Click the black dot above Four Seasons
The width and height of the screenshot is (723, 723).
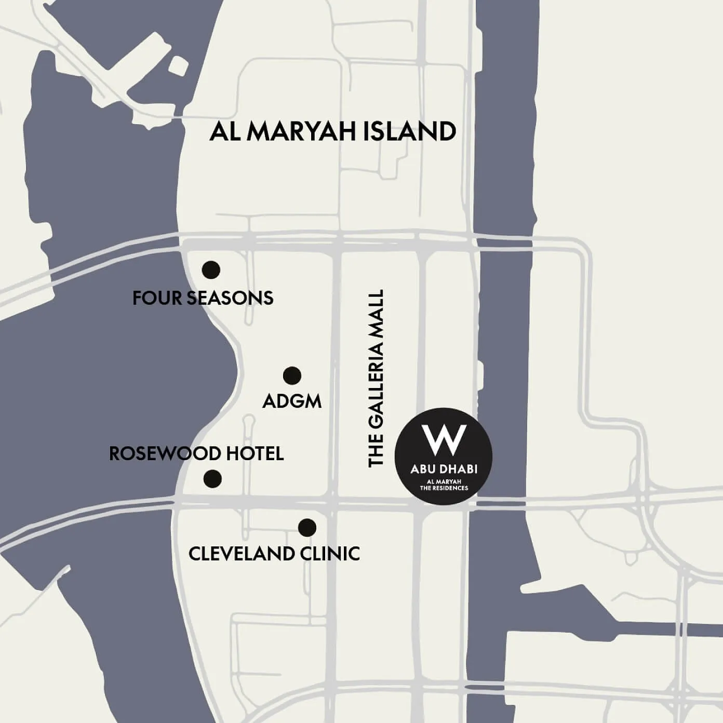coord(211,270)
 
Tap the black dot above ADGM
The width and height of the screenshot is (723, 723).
coord(292,375)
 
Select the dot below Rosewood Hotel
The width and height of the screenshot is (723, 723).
coord(212,478)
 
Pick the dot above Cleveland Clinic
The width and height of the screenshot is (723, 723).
coord(307,528)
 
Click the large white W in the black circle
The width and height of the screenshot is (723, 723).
coord(444,439)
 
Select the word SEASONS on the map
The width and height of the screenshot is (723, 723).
coord(230,298)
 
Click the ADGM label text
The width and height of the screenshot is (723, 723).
coord(292,401)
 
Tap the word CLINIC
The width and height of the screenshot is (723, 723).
coord(330,554)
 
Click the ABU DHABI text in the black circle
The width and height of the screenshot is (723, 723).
coord(444,470)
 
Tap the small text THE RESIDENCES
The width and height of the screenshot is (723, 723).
coord(444,488)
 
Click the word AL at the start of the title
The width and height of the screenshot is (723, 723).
coord(224,131)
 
